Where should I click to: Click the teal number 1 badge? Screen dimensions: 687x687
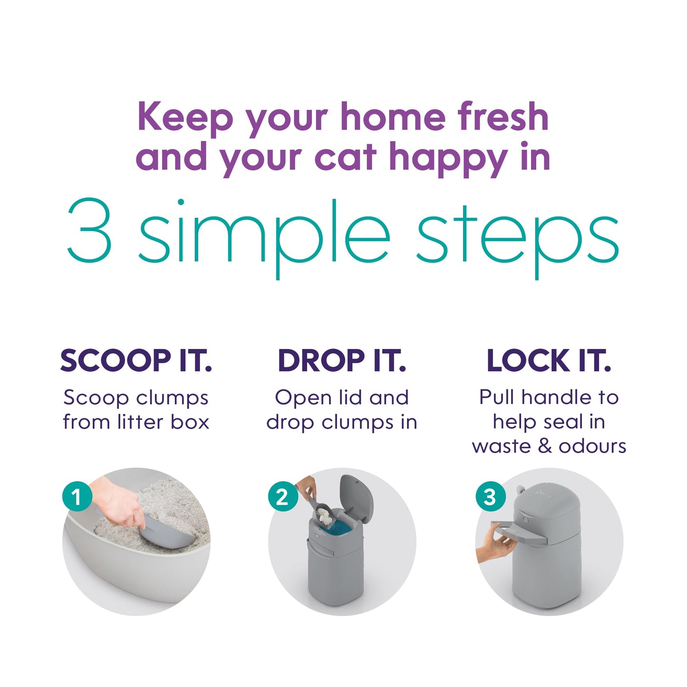coord(77,497)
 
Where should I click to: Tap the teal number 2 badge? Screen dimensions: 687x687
coord(282,497)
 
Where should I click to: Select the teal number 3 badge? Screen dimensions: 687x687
coord(490,497)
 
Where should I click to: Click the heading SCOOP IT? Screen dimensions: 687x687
coord(136,361)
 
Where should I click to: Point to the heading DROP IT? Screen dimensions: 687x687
coord(342,361)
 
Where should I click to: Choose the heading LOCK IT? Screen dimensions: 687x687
coord(549,361)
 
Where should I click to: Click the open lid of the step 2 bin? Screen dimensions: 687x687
coord(357,497)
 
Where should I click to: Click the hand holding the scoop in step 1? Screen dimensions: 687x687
coord(119,504)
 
